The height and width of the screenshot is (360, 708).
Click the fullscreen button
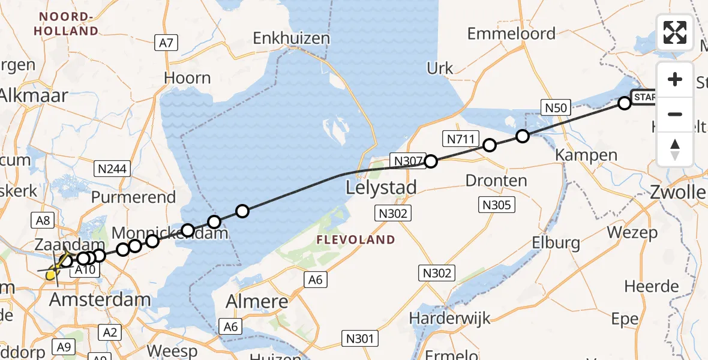coord(675,32)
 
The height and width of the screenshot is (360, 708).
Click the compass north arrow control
coord(675,149)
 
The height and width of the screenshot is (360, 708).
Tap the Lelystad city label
coord(382,188)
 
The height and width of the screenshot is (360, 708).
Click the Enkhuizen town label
coord(292,38)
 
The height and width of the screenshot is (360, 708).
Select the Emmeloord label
coord(511,34)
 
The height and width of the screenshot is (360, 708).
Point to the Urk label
coord(440,68)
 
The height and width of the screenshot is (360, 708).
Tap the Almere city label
coord(257,302)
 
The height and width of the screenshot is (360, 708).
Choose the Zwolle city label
coord(679,193)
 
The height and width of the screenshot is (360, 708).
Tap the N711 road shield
coord(461,140)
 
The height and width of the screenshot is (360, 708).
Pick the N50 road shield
coord(555,107)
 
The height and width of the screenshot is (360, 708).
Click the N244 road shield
coord(113,169)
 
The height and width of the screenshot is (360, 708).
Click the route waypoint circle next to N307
coord(431,161)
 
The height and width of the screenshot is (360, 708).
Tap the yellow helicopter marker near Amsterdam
coord(53,273)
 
